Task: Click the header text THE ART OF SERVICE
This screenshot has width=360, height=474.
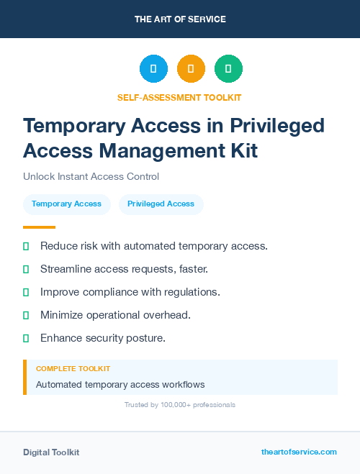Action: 180,19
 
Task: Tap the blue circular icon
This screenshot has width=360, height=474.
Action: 153,68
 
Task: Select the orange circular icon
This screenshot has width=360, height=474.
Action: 191,68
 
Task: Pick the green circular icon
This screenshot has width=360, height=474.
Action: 228,68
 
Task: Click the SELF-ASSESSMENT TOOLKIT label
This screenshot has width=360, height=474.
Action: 179,97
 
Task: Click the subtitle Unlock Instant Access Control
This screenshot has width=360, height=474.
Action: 91,176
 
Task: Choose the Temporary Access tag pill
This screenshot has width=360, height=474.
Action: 67,204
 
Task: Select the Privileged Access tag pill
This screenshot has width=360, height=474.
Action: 161,204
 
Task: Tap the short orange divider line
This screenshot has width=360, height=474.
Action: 34,227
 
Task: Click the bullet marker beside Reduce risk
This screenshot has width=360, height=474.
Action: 26,246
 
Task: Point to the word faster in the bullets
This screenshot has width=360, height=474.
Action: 190,269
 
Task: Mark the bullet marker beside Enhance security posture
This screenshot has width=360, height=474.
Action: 26,338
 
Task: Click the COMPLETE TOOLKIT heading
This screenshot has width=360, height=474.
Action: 73,368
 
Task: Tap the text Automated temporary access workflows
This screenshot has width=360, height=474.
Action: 120,384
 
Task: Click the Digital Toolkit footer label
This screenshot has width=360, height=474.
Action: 51,452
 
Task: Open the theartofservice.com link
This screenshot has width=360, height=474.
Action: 299,452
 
